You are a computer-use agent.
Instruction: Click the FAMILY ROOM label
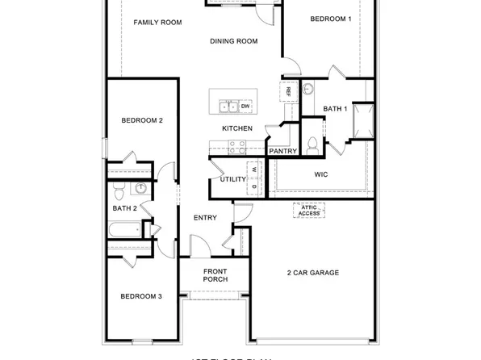[x=157, y=23]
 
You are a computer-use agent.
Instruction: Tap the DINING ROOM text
[x=233, y=41]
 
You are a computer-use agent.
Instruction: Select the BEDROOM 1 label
[x=331, y=19]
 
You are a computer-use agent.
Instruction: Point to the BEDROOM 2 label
[x=142, y=120]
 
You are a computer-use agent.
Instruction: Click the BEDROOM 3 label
[x=141, y=296]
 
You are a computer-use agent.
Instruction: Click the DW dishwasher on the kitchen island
[x=245, y=106]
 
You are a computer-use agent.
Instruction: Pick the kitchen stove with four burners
[x=237, y=147]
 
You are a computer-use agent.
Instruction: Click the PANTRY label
[x=282, y=151]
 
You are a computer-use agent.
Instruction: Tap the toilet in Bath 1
[x=312, y=144]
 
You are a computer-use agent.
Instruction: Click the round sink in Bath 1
[x=310, y=90]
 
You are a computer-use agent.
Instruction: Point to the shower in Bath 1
[x=362, y=120]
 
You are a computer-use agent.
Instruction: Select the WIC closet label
[x=320, y=174]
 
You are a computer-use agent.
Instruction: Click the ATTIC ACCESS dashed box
[x=310, y=210]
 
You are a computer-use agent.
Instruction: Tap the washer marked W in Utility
[x=253, y=170]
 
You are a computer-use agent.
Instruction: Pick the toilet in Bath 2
[x=119, y=192]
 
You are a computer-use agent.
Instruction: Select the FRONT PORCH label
[x=215, y=275]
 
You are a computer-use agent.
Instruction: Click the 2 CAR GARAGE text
[x=313, y=273]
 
